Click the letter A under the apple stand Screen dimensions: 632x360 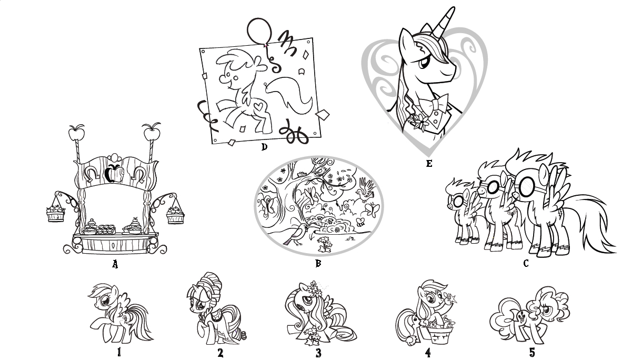coord(115,264)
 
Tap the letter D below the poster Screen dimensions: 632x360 coord(264,147)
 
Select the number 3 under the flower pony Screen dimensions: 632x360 coord(318,353)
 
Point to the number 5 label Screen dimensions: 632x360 coord(532,352)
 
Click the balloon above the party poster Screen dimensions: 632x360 coord(259,31)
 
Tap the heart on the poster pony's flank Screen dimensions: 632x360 coord(259,107)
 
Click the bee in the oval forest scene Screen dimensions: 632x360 coord(360,222)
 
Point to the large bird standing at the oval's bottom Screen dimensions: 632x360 coord(296,234)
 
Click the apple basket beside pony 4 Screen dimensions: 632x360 coord(440,332)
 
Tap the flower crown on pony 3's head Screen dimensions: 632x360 coord(313,287)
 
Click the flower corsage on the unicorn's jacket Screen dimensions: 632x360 coord(418,122)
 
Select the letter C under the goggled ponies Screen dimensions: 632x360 coord(526,263)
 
